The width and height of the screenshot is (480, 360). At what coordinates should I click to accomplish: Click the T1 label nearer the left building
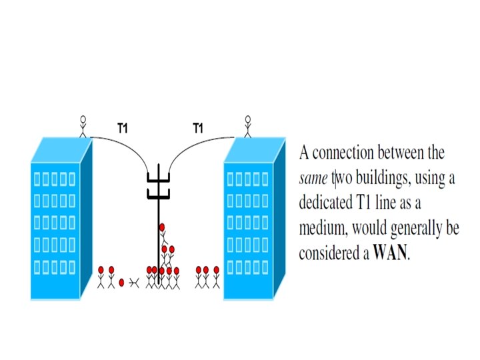click(x=122, y=127)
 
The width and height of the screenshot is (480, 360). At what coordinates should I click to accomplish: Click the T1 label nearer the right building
click(x=197, y=127)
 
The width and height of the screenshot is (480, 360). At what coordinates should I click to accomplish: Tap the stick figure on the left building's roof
click(x=83, y=125)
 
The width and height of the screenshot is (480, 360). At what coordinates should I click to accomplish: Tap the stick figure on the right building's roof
click(x=248, y=125)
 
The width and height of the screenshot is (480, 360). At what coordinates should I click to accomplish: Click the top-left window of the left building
click(x=37, y=179)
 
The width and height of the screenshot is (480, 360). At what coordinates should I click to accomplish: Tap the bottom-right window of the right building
click(x=264, y=268)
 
